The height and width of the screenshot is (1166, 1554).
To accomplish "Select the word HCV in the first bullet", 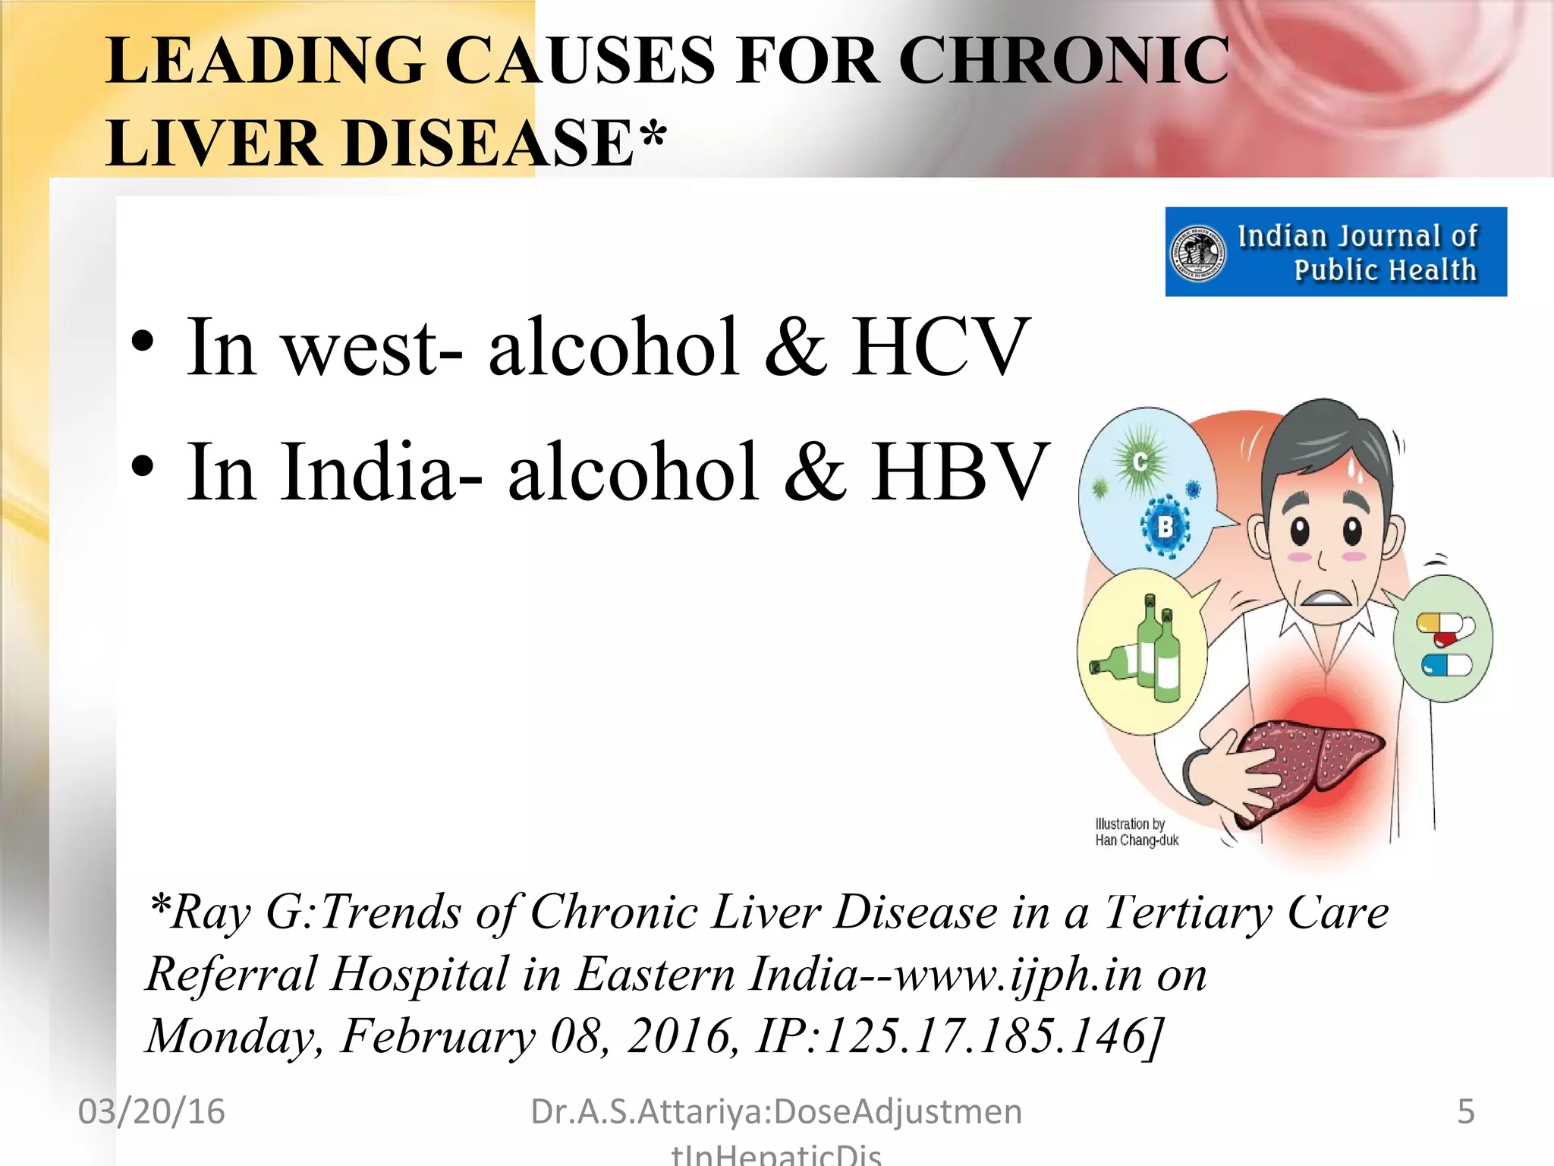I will pos(939,347).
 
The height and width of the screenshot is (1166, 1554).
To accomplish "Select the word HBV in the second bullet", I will pos(959,472).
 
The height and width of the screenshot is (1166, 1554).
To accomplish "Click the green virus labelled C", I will pos(1140,461).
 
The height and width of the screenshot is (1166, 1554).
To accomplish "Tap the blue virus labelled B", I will pos(1165,525).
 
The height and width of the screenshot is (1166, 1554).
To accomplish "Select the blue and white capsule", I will pos(1446,666).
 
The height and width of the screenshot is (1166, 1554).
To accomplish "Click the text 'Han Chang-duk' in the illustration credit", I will pos(1136,840).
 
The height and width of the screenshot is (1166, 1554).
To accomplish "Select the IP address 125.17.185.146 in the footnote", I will pos(983,1036).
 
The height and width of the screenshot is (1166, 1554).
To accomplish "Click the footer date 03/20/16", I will pos(151,1111).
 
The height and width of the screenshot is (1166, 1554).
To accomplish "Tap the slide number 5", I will pos(1465,1111).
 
